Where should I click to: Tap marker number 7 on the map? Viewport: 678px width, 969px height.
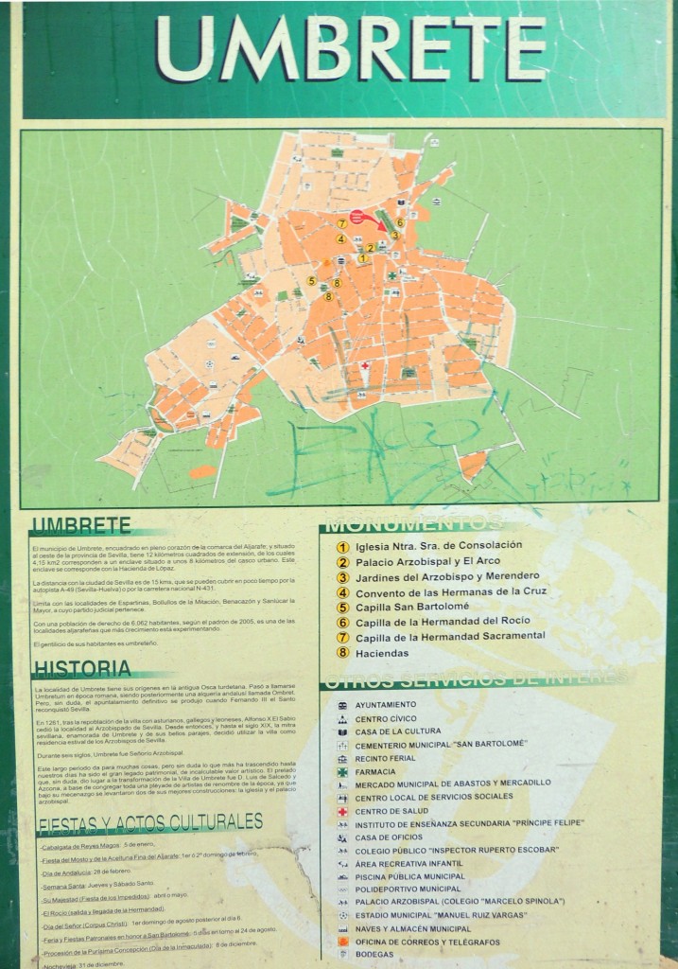pos(341,223)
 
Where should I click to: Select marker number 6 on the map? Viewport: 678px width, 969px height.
pos(400,222)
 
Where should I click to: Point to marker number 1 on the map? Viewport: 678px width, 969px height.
pos(362,258)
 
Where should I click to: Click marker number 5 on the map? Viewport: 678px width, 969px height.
pos(311,281)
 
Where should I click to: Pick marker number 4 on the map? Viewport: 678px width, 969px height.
pos(340,239)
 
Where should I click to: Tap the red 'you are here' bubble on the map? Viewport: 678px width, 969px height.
pos(358,217)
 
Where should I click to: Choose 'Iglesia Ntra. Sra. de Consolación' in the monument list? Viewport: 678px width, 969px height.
pos(439,546)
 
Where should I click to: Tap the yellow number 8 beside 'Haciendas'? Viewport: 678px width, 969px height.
pos(342,653)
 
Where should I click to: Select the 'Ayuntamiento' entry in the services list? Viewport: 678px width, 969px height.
pos(386,704)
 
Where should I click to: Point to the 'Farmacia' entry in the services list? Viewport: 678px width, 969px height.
pos(376,770)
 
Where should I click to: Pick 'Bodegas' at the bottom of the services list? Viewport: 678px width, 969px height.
pos(375,955)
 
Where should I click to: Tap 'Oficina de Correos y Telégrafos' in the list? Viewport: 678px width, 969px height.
pos(427,942)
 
